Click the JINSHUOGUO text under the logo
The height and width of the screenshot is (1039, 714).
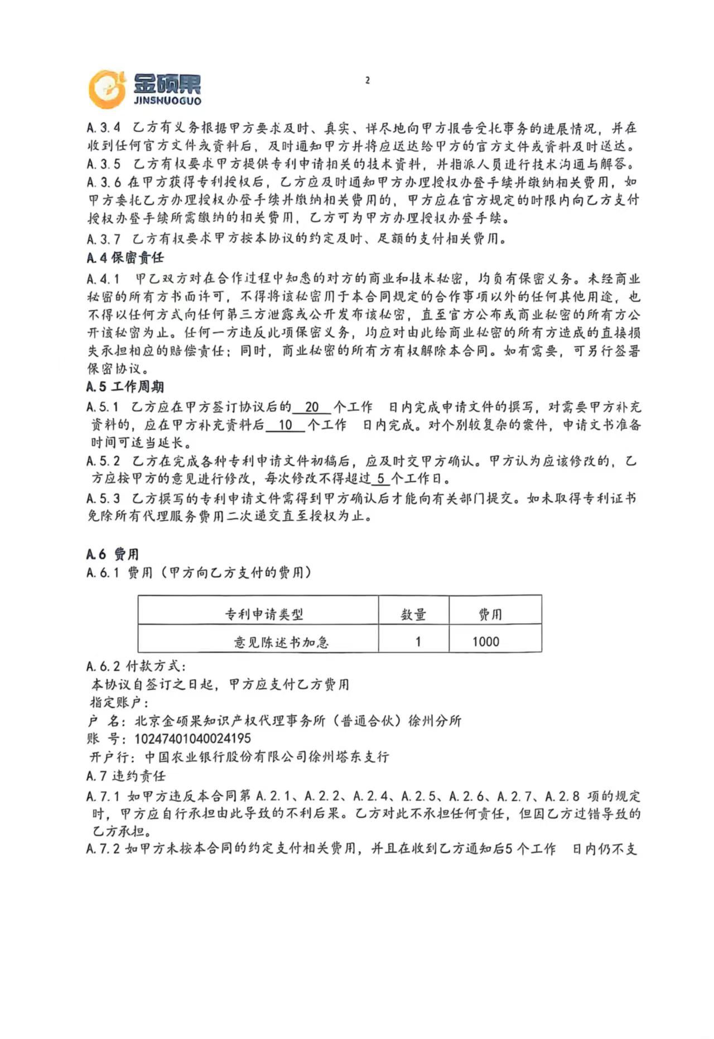[167, 101]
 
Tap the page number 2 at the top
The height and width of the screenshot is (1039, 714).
[367, 80]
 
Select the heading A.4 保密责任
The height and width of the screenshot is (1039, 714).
[125, 257]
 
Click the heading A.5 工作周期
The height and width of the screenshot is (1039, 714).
[125, 387]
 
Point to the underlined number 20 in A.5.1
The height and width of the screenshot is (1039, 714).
[312, 408]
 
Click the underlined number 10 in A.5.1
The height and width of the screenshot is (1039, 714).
[285, 425]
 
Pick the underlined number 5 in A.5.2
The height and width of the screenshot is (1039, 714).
[380, 478]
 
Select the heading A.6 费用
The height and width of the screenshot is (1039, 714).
[112, 554]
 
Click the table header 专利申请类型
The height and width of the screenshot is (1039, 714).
[264, 614]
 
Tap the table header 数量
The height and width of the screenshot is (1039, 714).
[413, 614]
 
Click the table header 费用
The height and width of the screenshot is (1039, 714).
[490, 614]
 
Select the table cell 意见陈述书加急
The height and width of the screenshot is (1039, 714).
[281, 642]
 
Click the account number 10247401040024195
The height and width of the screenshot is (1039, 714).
[193, 739]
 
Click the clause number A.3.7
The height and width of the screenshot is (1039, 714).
[104, 239]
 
